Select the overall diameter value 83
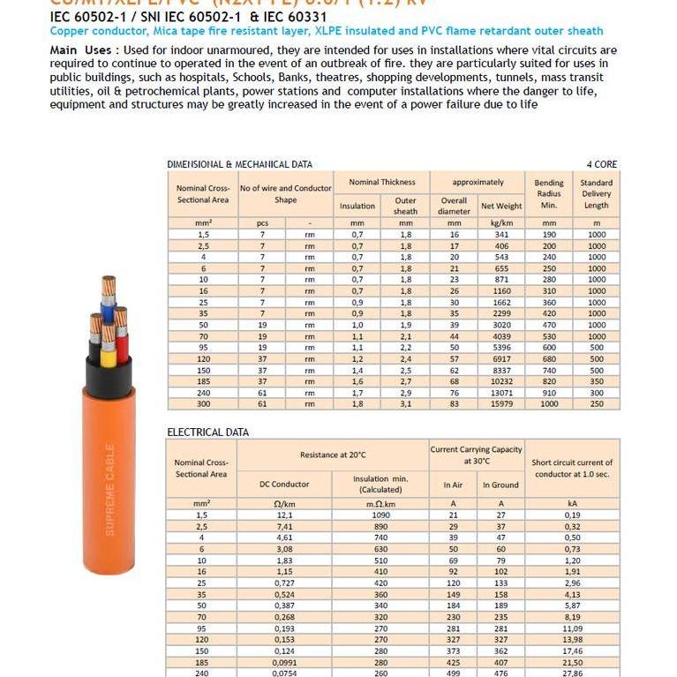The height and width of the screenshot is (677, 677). click(454, 403)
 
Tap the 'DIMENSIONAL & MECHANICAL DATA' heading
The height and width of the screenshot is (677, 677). click(239, 164)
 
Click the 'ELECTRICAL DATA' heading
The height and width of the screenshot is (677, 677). click(207, 432)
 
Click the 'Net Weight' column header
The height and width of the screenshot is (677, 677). click(501, 207)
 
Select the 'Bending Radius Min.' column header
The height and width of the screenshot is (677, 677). click(548, 193)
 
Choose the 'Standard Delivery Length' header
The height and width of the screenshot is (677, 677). click(596, 194)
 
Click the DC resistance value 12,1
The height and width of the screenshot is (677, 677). click(284, 514)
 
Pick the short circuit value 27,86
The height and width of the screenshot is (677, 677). click(572, 672)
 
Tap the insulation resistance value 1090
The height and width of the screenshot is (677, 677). click(380, 514)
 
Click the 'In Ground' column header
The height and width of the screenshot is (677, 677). click(500, 485)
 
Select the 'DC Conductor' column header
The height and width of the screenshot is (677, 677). click(284, 485)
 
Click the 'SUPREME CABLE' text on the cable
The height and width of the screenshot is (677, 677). click(110, 489)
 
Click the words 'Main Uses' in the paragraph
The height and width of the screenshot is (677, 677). click(81, 50)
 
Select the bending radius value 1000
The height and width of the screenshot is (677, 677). click(548, 403)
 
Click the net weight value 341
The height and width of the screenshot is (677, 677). click(501, 235)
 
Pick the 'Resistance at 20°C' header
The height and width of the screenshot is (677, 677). click(332, 455)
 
